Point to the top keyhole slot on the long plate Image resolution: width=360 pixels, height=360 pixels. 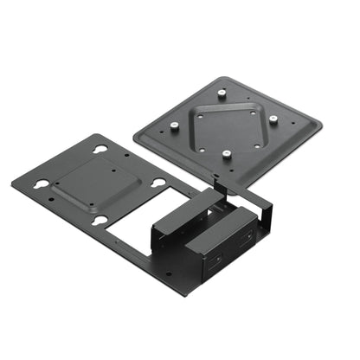100,149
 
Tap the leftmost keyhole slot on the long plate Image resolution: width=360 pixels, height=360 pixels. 41,183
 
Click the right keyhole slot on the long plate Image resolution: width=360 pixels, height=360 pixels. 158,182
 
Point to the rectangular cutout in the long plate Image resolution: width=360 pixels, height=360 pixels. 135,228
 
